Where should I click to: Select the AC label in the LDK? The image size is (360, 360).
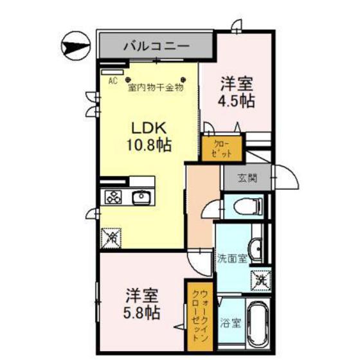click(113, 80)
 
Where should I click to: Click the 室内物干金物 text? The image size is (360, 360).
click(156, 87)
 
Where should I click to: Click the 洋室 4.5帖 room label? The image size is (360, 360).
click(237, 92)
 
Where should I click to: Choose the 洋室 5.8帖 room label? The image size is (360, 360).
click(141, 305)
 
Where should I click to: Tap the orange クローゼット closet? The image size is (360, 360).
click(222, 148)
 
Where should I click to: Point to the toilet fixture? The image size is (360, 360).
click(248, 206)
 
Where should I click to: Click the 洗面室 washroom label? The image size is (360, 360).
click(231, 260)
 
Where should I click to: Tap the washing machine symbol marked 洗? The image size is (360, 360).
click(260, 280)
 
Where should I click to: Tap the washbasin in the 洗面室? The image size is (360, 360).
click(255, 247)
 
